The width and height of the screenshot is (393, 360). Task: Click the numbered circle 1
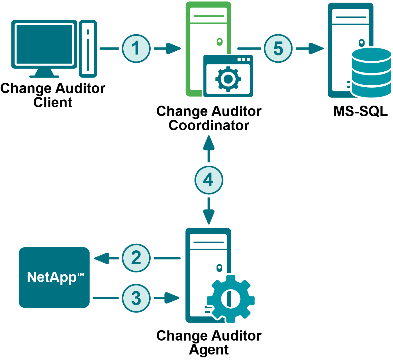click(x=136, y=48)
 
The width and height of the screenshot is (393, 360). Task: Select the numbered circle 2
click(x=136, y=258)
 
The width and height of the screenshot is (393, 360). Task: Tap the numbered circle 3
click(x=136, y=298)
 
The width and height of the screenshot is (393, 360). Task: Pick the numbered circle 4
click(x=209, y=180)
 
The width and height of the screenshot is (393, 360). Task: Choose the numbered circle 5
click(x=278, y=48)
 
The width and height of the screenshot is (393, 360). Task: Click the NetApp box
click(x=54, y=277)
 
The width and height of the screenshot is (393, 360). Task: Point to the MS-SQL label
click(x=360, y=111)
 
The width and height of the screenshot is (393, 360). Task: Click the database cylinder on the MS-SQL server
click(x=371, y=73)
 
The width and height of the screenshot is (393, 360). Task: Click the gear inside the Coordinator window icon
click(x=228, y=79)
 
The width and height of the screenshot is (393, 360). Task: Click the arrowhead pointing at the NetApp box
click(x=102, y=258)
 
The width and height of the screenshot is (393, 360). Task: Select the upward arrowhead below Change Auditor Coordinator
click(x=209, y=143)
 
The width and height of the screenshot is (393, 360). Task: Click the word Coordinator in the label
click(x=209, y=126)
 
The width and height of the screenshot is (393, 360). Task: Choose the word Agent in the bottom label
click(x=209, y=350)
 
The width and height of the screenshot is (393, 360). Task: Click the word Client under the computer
click(x=53, y=103)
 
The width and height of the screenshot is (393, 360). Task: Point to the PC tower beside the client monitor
click(x=88, y=48)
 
